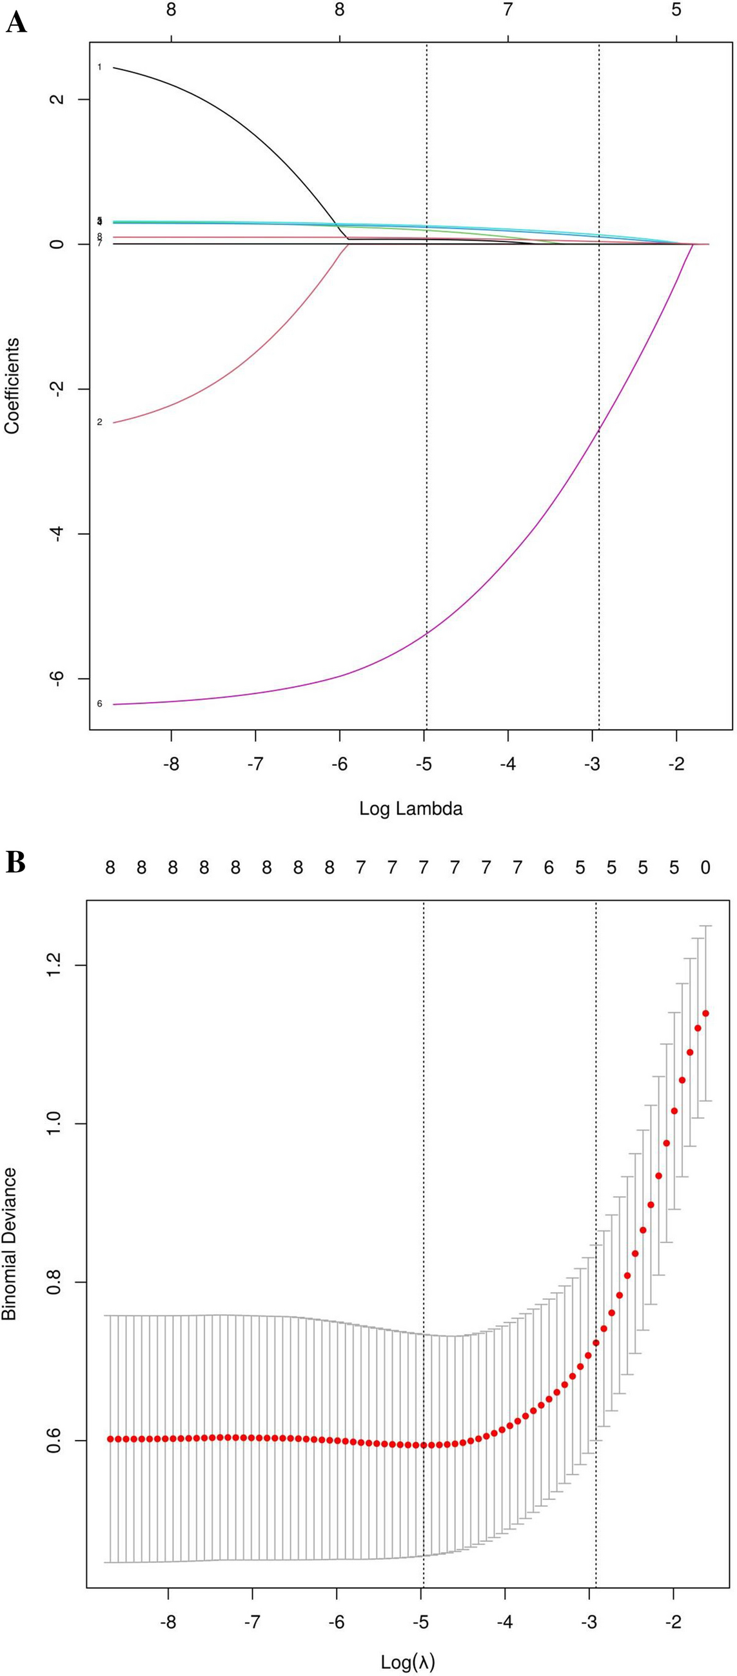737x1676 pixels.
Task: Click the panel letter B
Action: [15, 862]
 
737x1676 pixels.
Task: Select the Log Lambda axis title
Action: [411, 808]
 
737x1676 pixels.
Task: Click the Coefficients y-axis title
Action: [12, 386]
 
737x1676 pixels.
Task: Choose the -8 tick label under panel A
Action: [171, 764]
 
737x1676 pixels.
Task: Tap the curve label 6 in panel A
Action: [99, 703]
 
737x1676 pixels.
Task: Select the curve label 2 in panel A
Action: [99, 423]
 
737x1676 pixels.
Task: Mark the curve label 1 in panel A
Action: [99, 67]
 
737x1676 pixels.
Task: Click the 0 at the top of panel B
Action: [705, 867]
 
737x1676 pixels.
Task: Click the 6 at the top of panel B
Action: [548, 867]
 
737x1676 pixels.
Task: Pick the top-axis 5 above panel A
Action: [676, 10]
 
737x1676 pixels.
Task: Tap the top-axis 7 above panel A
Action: [508, 10]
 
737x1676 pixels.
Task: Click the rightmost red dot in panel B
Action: [705, 1013]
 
